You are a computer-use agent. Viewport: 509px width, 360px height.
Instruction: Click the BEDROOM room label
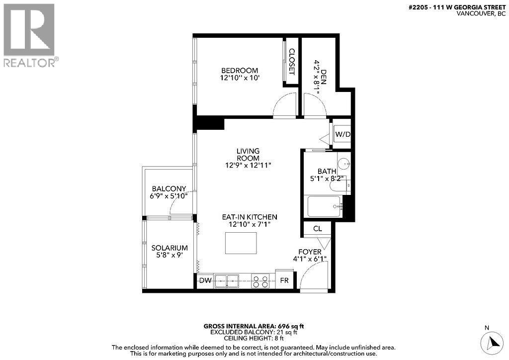(240, 70)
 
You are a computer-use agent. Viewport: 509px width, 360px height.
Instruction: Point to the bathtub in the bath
(324, 206)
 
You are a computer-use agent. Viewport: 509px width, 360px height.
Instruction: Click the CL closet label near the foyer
(318, 229)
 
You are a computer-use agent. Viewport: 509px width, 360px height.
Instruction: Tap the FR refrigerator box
(284, 280)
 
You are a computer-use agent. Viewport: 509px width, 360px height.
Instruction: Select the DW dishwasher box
(205, 280)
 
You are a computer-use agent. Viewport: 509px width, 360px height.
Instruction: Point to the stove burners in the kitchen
(260, 281)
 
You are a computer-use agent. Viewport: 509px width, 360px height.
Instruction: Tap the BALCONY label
(169, 188)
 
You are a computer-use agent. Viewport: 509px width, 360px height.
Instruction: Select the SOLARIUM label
(169, 248)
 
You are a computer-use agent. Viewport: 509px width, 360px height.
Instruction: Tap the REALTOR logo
(29, 35)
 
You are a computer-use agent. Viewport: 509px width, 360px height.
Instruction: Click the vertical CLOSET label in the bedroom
(292, 62)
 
